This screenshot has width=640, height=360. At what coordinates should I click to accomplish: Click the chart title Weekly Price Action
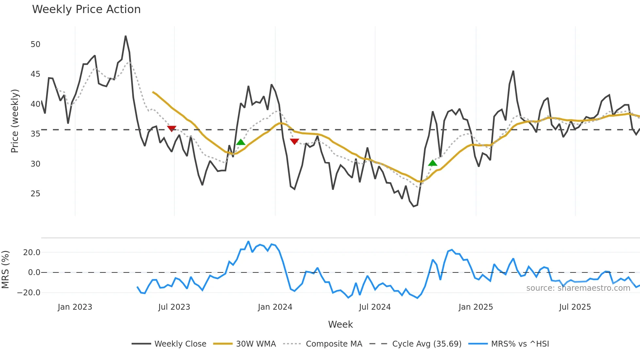(86, 9)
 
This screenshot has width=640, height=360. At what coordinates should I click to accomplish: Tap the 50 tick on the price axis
(35, 44)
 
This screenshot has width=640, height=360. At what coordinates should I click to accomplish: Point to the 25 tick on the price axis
(35, 194)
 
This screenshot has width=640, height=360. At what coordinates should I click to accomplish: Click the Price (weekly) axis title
(15, 121)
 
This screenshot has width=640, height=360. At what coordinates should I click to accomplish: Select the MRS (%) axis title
(5, 270)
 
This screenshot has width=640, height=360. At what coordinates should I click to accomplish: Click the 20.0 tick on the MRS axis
(32, 253)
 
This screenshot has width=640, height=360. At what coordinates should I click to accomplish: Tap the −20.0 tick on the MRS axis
(29, 293)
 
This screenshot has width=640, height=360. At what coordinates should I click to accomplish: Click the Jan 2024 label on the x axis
(275, 307)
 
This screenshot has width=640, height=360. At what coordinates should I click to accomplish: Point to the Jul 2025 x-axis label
(575, 307)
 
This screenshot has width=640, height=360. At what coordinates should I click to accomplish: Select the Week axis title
(340, 324)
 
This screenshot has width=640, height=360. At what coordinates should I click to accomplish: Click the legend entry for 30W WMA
(256, 344)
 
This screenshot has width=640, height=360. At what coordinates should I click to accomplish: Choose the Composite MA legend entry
(334, 344)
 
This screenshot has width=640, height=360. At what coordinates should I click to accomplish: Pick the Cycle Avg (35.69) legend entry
(426, 344)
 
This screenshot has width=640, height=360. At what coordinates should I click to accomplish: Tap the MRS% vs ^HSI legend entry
(520, 344)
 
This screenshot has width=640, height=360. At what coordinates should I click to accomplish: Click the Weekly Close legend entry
(180, 344)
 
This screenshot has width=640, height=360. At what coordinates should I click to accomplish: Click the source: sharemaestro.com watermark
(578, 288)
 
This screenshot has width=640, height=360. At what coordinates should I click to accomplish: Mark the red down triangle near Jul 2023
(172, 129)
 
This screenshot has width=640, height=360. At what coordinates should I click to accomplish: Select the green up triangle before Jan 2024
(241, 142)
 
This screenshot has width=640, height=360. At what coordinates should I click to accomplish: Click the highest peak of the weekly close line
(126, 36)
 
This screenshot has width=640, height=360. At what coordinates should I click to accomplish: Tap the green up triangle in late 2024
(433, 163)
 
